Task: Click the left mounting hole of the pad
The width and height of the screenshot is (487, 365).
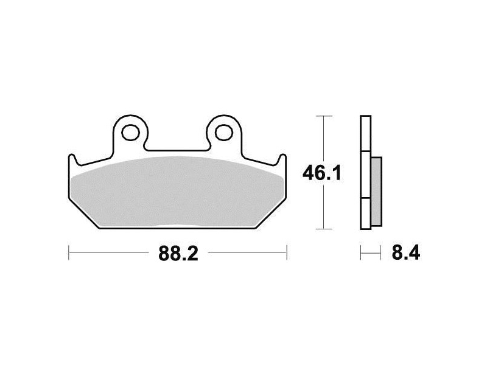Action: click(130, 133)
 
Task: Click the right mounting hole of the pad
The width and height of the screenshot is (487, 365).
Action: click(224, 133)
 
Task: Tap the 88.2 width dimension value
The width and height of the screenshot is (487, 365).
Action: click(178, 253)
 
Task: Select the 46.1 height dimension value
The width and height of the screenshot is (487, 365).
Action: click(322, 173)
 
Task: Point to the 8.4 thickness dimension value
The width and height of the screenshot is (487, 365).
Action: click(405, 252)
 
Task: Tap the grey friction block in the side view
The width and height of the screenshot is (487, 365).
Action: click(376, 192)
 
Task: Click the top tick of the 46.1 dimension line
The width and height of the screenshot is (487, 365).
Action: click(324, 116)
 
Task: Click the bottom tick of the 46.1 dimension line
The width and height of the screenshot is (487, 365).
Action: click(324, 229)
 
